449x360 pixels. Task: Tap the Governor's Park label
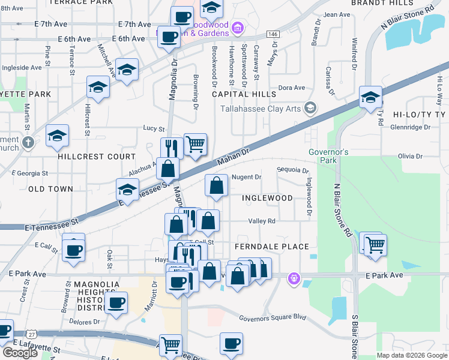click(328, 156)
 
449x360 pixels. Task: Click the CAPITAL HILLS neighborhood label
click(244, 94)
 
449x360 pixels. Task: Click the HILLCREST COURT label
click(97, 157)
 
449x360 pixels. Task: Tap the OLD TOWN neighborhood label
click(50, 189)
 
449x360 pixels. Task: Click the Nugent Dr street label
click(247, 177)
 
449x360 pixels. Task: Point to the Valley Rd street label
click(262, 221)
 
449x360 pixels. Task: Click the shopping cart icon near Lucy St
click(195, 145)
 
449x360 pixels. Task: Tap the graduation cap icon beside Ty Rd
click(370, 97)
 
